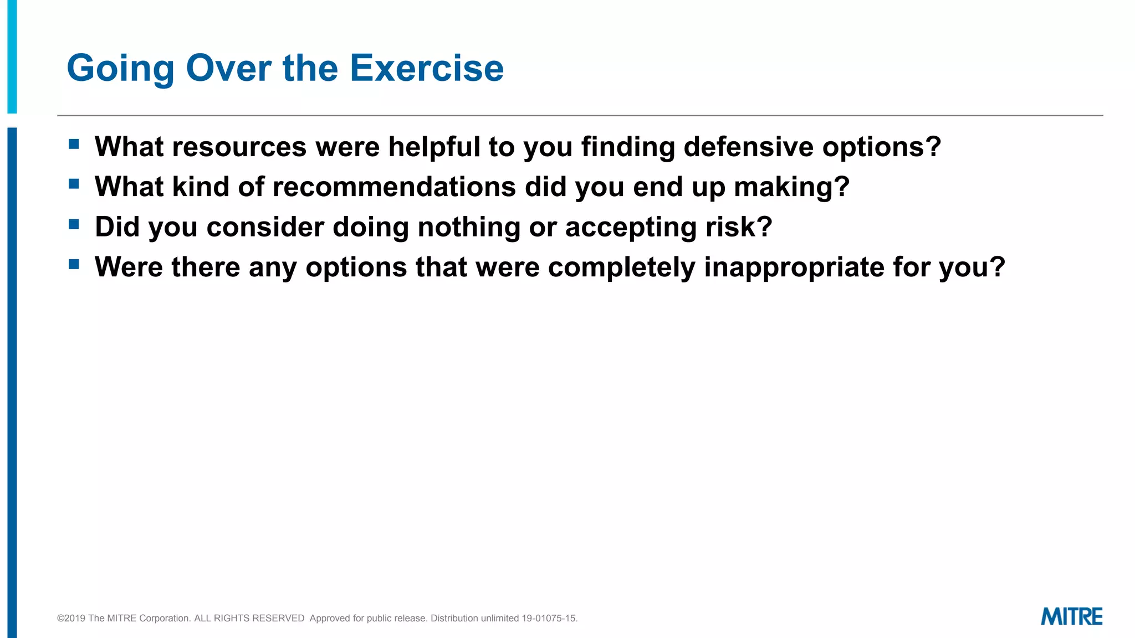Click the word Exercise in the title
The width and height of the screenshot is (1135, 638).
pos(426,68)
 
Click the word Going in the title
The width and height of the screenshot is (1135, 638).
pos(120,69)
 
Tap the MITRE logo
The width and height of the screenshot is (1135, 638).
pos(1071,617)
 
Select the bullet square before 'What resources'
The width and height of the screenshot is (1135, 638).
pos(74,145)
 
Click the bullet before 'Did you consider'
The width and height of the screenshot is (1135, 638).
pos(74,224)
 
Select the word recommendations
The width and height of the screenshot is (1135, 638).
pos(394,187)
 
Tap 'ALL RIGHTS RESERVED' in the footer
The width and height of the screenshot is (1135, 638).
pos(249,619)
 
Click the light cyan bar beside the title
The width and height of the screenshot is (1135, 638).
pos(12,55)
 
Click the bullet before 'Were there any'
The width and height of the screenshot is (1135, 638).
pos(74,264)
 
